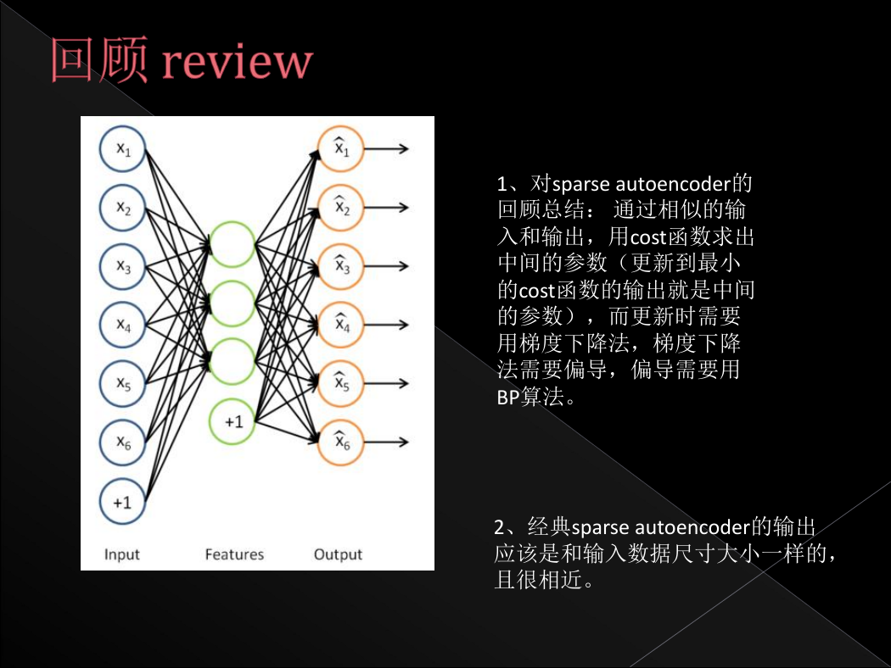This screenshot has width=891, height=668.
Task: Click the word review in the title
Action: click(x=238, y=61)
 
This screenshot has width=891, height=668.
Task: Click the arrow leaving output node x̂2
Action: click(x=386, y=208)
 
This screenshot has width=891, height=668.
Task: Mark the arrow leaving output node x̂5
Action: click(x=386, y=384)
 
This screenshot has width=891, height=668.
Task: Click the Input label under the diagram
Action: click(x=121, y=554)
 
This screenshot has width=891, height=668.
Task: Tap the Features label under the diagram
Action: click(x=234, y=554)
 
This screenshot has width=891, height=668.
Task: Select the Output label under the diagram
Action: click(x=338, y=554)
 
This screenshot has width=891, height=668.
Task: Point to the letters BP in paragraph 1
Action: click(x=508, y=397)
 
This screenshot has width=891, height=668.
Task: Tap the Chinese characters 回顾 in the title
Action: click(x=99, y=59)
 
